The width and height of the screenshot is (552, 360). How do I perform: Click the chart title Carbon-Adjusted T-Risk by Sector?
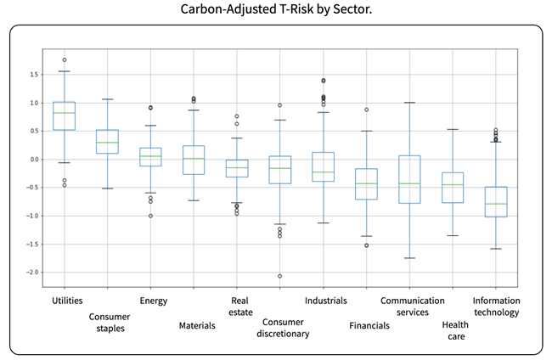(x=275, y=11)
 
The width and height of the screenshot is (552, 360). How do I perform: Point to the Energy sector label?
(x=153, y=300)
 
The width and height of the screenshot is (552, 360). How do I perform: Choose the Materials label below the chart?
(x=197, y=325)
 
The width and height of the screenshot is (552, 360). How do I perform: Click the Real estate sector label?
(x=240, y=306)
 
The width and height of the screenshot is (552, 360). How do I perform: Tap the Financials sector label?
(x=369, y=325)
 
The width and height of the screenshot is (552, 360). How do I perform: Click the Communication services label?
(x=413, y=306)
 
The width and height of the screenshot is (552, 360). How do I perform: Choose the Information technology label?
(x=497, y=306)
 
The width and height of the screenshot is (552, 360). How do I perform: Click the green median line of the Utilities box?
(x=64, y=113)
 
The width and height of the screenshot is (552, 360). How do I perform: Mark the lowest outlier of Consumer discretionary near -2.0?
(x=279, y=276)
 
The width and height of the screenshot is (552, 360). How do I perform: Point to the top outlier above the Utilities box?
(x=64, y=59)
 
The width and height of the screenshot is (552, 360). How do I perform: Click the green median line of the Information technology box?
(x=497, y=204)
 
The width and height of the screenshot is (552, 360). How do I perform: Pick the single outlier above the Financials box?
(x=367, y=110)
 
